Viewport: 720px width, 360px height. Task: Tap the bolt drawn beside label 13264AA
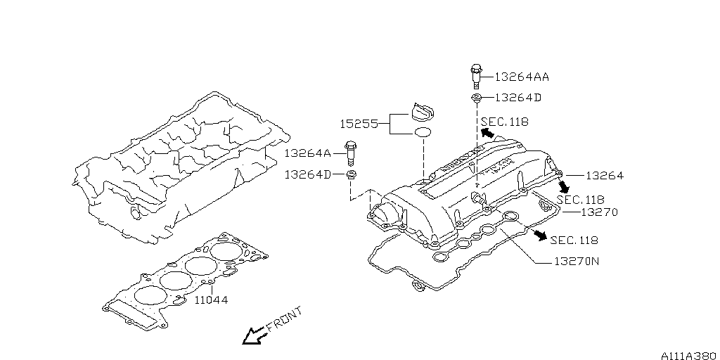tap(476, 73)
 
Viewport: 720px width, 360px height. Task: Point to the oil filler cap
tap(423, 112)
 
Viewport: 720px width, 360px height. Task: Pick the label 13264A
tap(308, 153)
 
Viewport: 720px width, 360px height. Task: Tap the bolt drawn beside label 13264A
tap(351, 153)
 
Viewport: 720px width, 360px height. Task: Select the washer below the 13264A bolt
tap(351, 174)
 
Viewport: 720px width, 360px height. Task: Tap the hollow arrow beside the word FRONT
tap(252, 337)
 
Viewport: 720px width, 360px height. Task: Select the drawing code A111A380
tap(687, 354)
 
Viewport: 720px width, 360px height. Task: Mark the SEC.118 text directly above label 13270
tap(581, 199)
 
